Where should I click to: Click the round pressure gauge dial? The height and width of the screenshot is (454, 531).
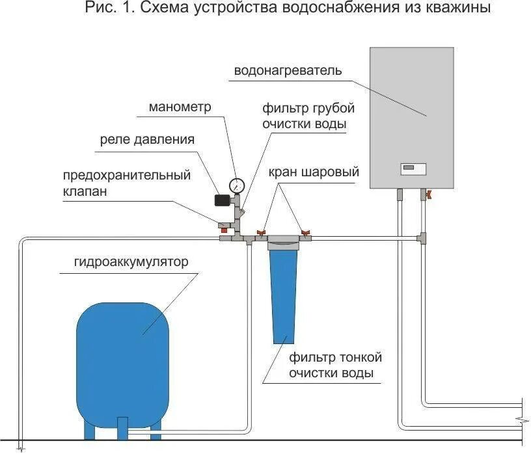click(237, 184)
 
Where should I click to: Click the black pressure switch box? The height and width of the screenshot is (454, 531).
click(223, 200)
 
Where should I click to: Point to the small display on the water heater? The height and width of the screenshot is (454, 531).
click(413, 169)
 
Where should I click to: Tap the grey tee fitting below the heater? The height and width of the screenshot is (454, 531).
click(422, 239)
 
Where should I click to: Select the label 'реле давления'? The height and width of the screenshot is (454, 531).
click(147, 139)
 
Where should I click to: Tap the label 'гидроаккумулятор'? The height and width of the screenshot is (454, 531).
click(131, 262)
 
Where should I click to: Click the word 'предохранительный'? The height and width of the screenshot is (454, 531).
click(127, 176)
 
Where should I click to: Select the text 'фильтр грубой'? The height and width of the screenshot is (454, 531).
click(308, 107)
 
